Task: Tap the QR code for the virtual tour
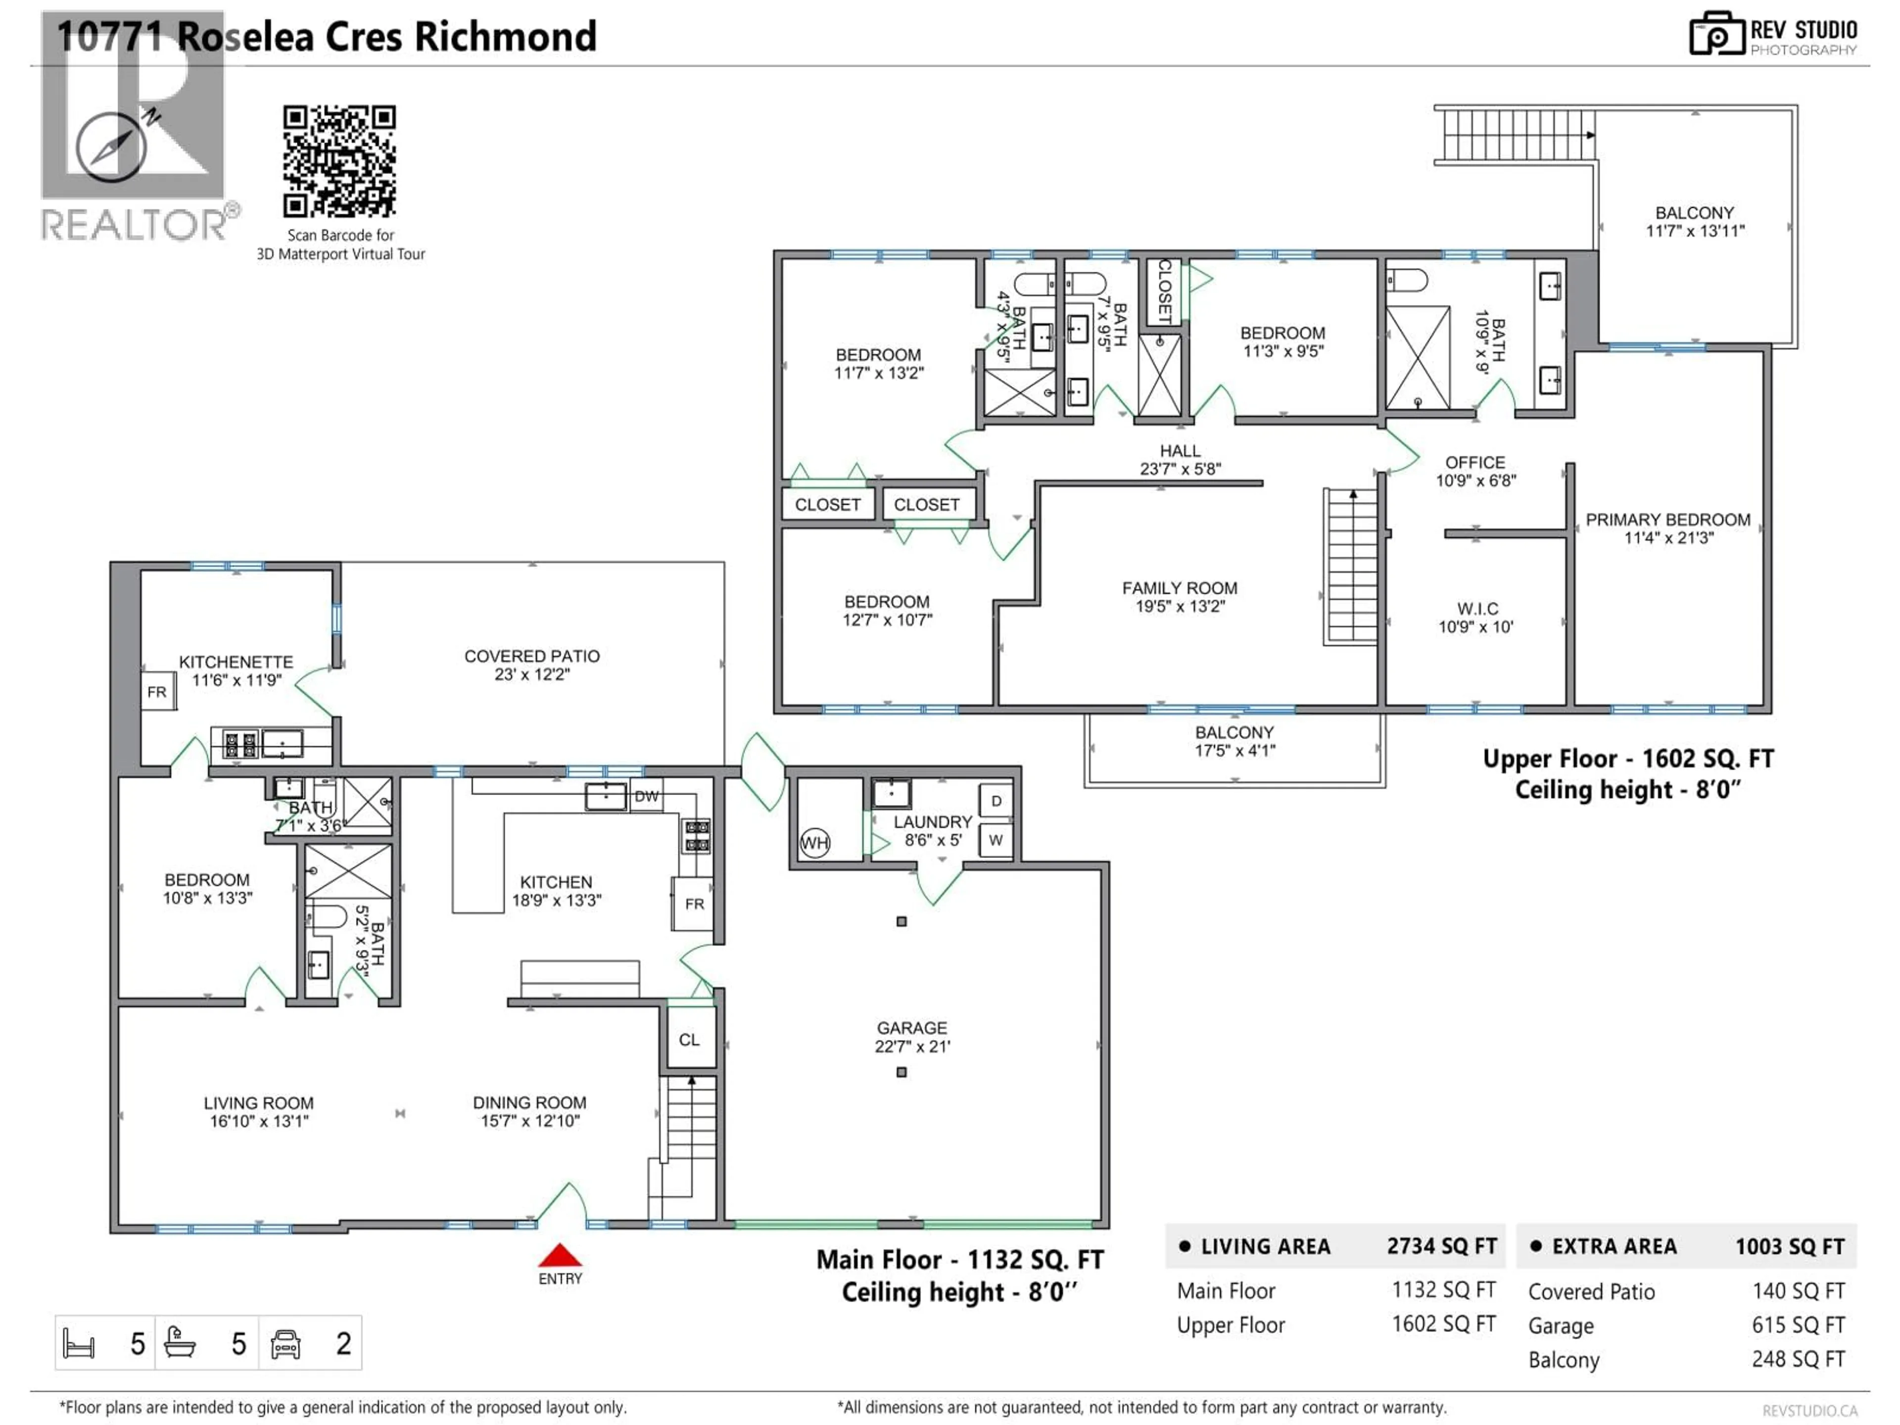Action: (x=339, y=161)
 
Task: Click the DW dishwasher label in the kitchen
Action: (x=646, y=796)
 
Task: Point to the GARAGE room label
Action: (x=911, y=1037)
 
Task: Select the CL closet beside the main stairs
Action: (x=689, y=1040)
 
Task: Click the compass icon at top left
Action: (x=111, y=147)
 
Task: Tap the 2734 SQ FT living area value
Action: (x=1441, y=1246)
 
